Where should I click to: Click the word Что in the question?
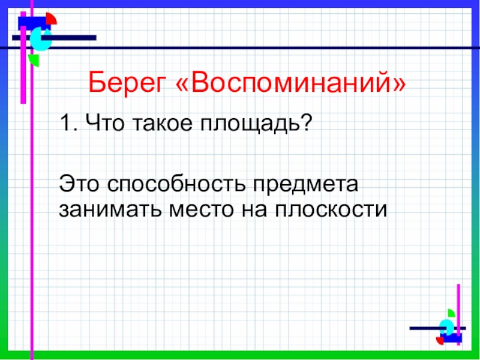[x=104, y=123]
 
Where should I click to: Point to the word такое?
[x=163, y=123]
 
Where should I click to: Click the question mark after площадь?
[x=303, y=122]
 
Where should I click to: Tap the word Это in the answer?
[x=79, y=184]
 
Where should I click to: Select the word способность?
[x=176, y=184]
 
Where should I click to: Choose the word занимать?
[x=110, y=209]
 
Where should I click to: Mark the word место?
[x=202, y=210]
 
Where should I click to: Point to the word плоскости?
[x=331, y=210]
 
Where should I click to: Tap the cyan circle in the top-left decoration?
[x=40, y=39]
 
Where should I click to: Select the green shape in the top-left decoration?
[x=34, y=60]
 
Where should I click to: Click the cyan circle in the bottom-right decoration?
[x=446, y=327]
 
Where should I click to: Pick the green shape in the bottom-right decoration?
[x=451, y=313]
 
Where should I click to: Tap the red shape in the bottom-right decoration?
[x=440, y=341]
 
